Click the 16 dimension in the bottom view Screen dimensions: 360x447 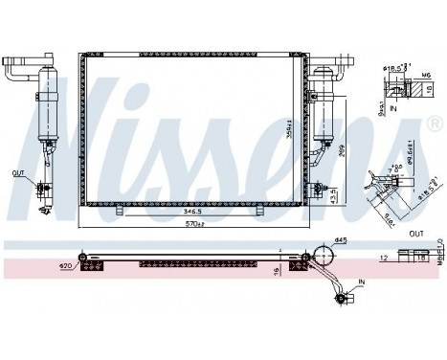pyautogui.click(x=275, y=271)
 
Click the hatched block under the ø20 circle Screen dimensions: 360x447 pyautogui.click(x=92, y=268)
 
